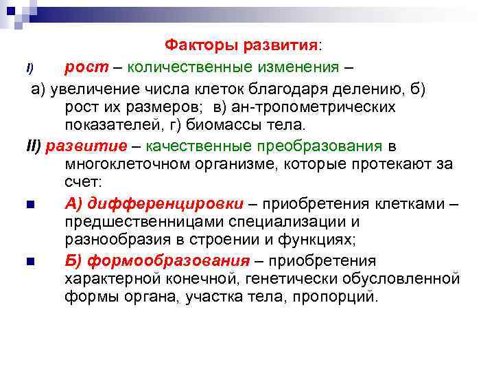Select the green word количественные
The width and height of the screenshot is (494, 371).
point(184,67)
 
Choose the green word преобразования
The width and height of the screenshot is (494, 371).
point(320,146)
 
